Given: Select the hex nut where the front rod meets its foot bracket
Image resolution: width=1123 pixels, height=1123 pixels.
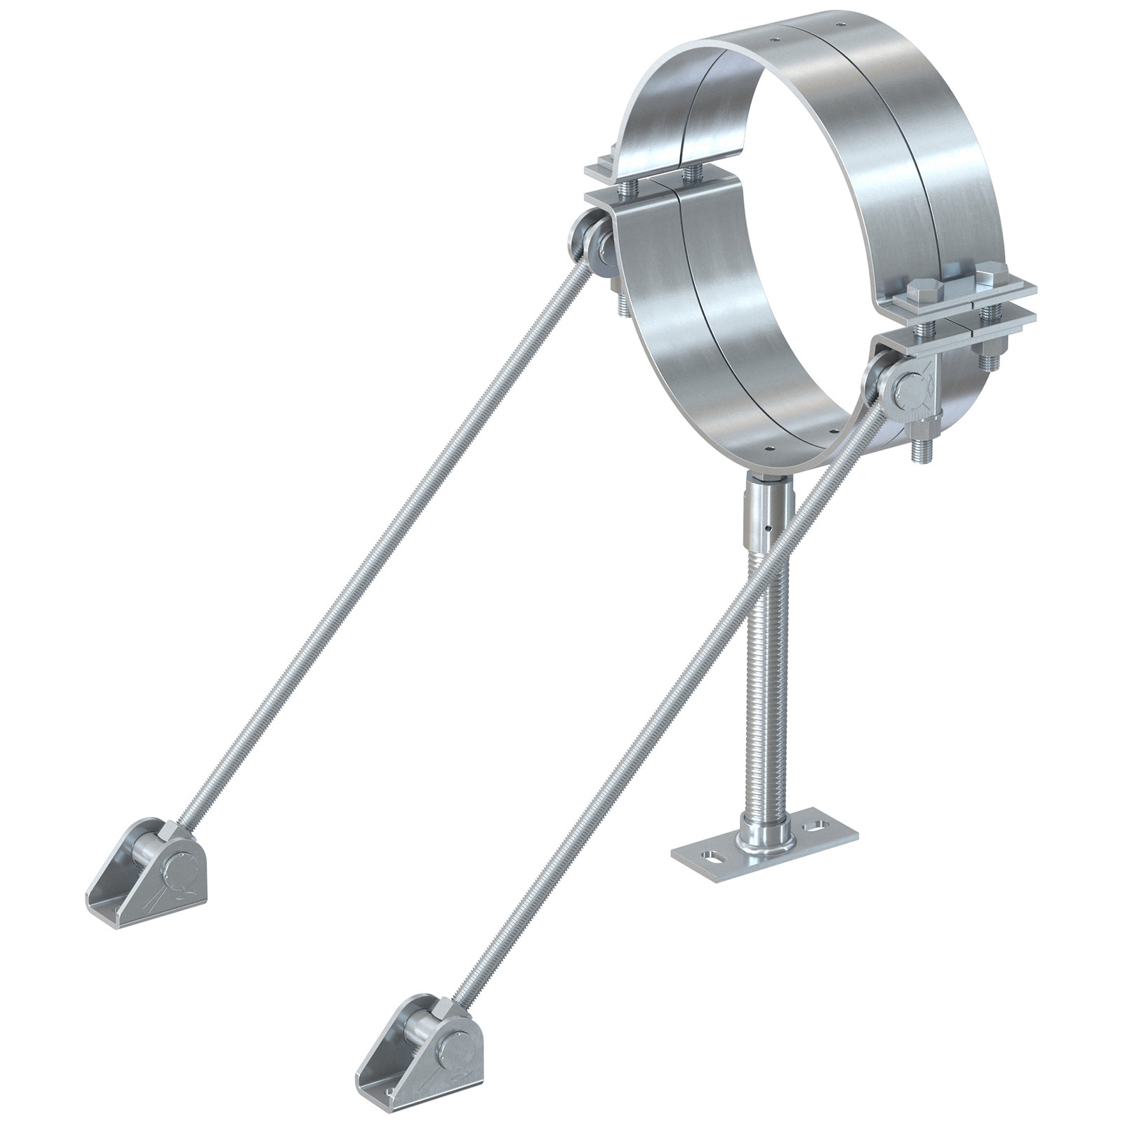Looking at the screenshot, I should [x=441, y=1011].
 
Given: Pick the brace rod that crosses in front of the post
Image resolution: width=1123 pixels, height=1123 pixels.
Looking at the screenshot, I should [x=667, y=702].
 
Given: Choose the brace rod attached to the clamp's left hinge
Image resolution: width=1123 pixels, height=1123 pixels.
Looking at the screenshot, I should [x=386, y=547].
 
